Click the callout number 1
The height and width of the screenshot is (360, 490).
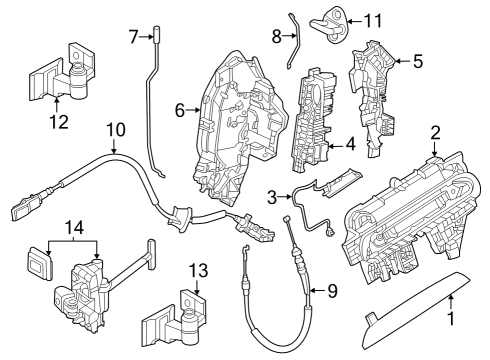coord(450,321)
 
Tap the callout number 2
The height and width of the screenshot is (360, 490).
coord(435,132)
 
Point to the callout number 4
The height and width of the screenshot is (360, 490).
coord(350,144)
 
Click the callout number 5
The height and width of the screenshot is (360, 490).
coord(418,61)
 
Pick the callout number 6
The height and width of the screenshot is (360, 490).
coord(180,111)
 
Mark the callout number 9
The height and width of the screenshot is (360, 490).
coord(333,291)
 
